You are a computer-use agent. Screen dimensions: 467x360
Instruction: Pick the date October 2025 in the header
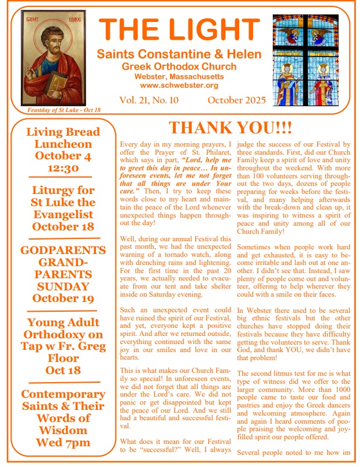click(237, 100)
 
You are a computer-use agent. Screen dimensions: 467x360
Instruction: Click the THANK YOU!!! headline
click(230, 127)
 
